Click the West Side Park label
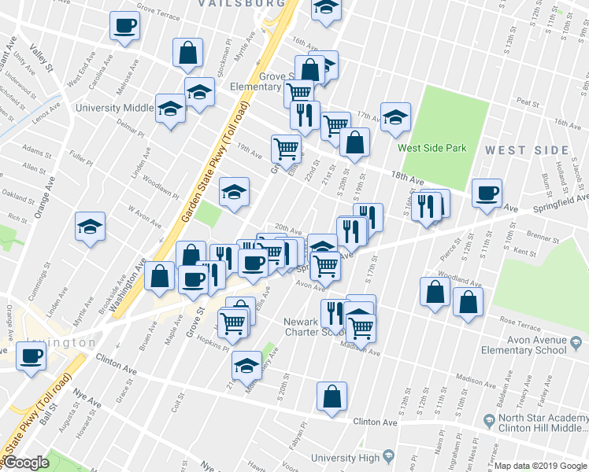pos(432,148)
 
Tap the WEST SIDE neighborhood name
pos(526,149)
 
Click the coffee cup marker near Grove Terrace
pos(124,26)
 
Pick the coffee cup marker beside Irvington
pos(31,356)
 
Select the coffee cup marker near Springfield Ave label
pos(487,193)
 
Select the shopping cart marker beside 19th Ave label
pos(285,147)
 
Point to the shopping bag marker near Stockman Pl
pos(189,53)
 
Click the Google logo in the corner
pos(26,463)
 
